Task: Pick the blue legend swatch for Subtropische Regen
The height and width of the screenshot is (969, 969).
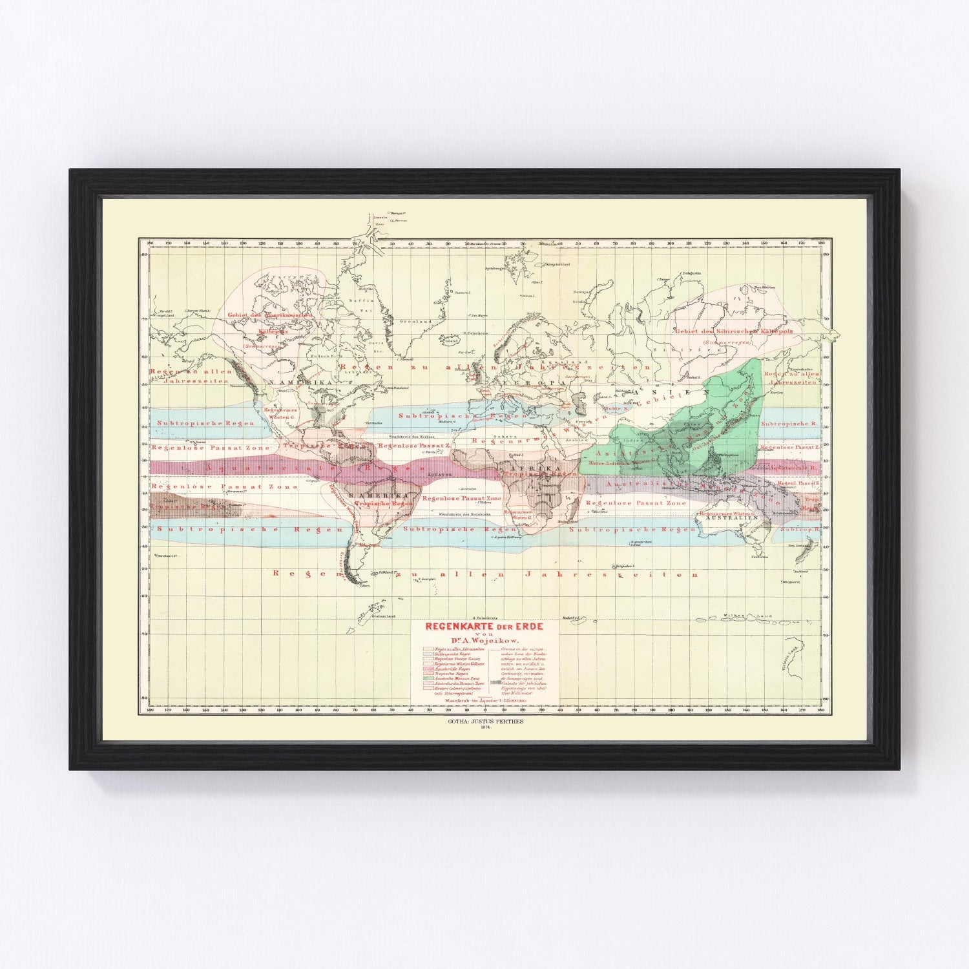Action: tap(427, 654)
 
